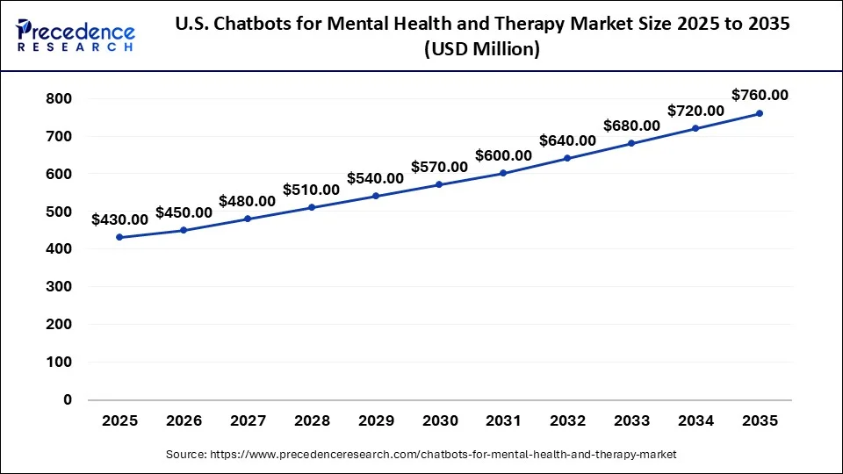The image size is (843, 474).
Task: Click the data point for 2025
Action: (119, 237)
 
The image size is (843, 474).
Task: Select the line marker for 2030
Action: (439, 184)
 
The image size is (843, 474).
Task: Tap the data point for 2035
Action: (760, 113)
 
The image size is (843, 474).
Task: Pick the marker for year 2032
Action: (567, 158)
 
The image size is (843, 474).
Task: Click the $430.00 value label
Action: (119, 219)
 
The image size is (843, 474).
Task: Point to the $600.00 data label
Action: (503, 155)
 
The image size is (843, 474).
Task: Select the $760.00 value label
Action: (760, 95)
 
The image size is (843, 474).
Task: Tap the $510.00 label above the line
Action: (311, 190)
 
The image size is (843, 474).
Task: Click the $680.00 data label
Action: (631, 126)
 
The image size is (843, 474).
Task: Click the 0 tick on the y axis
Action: (67, 400)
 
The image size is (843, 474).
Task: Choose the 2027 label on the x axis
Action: (248, 421)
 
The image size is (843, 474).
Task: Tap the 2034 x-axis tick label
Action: (695, 421)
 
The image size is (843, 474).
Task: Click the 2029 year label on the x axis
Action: (375, 421)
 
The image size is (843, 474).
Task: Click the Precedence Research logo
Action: (76, 36)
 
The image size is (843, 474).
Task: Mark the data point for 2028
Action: (311, 207)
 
